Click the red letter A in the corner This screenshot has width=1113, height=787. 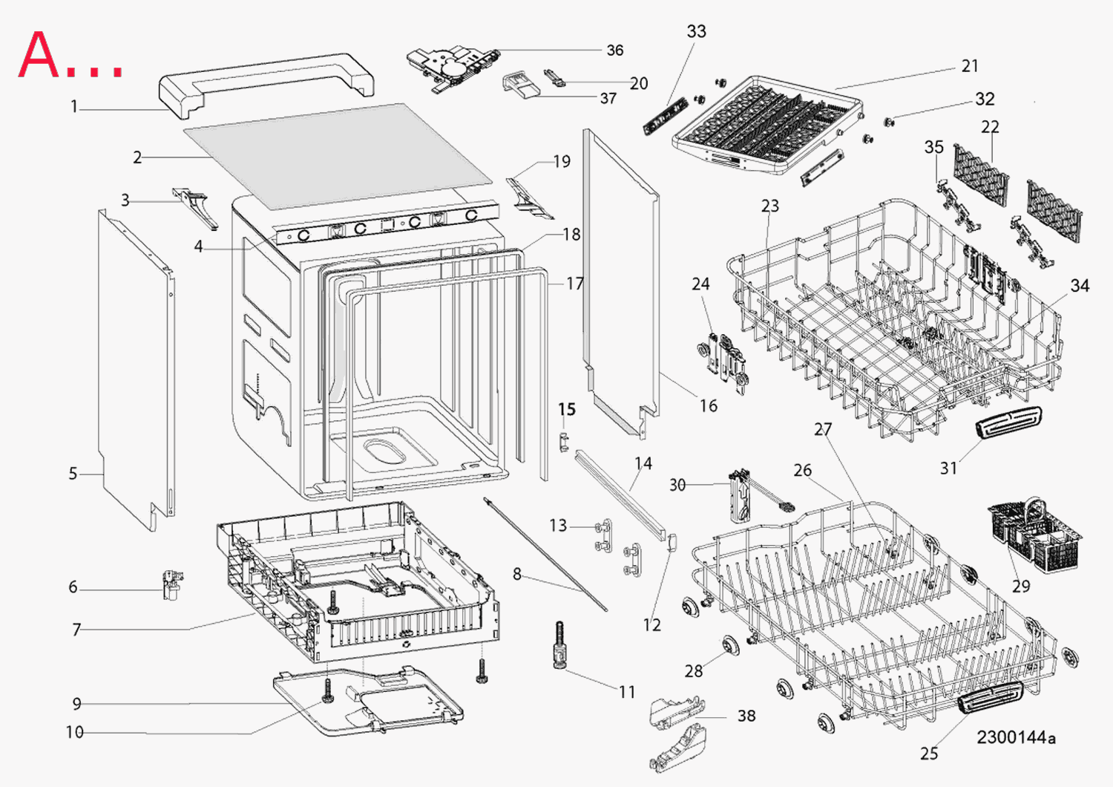point(39,56)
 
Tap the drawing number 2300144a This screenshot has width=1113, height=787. point(1016,737)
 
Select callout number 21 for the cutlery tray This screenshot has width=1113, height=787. point(970,66)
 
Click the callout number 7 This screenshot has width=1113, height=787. point(76,630)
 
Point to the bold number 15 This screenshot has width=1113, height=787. point(567,410)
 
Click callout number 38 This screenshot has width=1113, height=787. point(746,716)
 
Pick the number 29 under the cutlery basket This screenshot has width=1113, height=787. point(1021,586)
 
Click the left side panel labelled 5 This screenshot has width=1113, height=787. point(134,371)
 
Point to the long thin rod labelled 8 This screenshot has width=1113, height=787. point(545,553)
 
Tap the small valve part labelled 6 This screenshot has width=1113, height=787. point(172,584)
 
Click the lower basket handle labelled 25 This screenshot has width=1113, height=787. point(991,697)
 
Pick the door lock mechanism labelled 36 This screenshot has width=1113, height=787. point(450,67)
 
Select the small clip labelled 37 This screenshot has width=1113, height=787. point(520,85)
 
